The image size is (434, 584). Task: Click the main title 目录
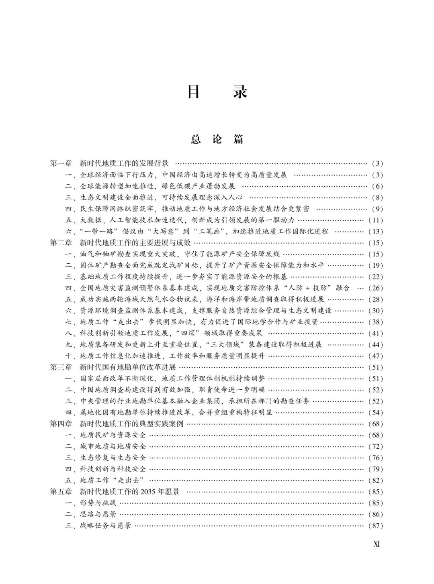[217, 92]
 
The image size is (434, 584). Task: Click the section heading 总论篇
[217, 139]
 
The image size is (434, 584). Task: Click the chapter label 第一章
[61, 163]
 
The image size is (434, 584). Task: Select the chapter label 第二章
[61, 243]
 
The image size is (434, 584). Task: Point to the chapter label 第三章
[61, 367]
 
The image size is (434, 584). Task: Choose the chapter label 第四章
[61, 424]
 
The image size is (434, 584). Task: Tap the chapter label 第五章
[61, 492]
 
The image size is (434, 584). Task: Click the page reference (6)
[377, 186]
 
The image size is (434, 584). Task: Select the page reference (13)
[376, 232]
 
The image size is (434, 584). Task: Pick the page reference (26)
[376, 288]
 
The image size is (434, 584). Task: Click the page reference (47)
[376, 356]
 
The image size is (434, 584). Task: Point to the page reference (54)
[376, 413]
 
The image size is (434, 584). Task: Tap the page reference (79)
[376, 469]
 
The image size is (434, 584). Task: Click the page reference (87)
[376, 526]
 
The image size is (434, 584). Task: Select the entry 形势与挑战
[98, 503]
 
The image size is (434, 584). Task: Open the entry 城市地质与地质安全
[113, 446]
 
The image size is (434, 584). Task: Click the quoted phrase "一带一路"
[97, 231]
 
